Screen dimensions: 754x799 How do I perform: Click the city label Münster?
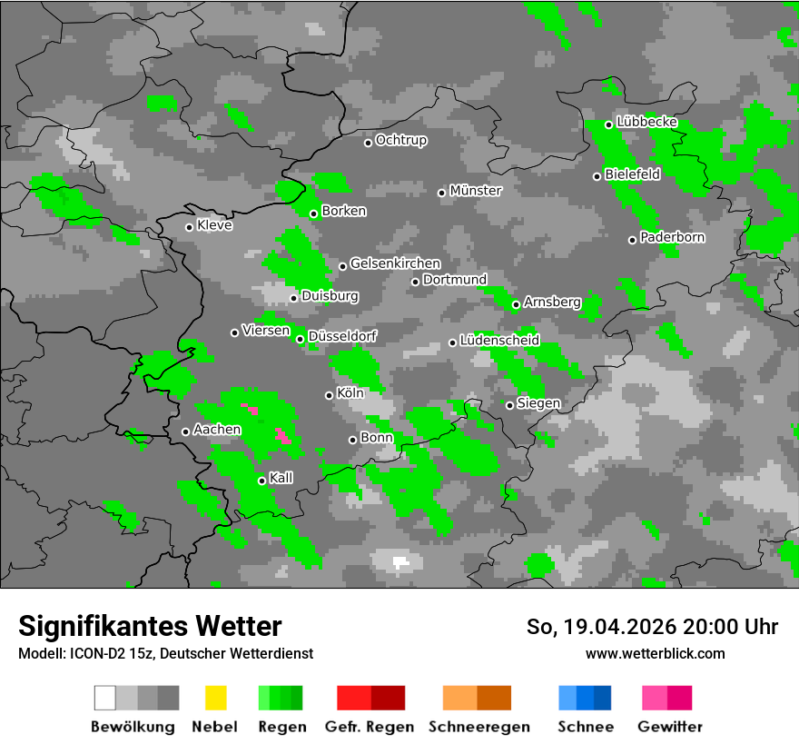pyautogui.click(x=476, y=191)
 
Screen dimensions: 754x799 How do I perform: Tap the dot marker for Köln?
pyautogui.click(x=329, y=395)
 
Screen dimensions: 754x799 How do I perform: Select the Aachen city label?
pyautogui.click(x=217, y=430)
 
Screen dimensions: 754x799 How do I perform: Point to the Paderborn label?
pyautogui.click(x=673, y=238)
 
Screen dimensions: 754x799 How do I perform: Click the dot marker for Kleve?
pyautogui.click(x=189, y=227)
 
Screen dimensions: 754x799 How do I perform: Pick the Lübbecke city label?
pyautogui.click(x=647, y=122)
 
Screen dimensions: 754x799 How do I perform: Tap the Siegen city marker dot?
pyautogui.click(x=509, y=405)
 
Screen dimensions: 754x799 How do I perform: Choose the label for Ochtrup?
pyautogui.click(x=401, y=141)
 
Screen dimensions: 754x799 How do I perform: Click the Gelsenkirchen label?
pyautogui.click(x=395, y=264)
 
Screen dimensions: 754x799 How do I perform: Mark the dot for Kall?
pyautogui.click(x=261, y=481)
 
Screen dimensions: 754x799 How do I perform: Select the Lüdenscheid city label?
pyautogui.click(x=500, y=341)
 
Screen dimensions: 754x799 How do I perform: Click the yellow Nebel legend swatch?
pyautogui.click(x=216, y=698)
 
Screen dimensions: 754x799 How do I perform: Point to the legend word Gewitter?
pyautogui.click(x=670, y=727)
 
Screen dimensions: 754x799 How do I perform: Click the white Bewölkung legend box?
pyautogui.click(x=105, y=698)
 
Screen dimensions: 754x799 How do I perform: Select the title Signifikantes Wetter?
pyautogui.click(x=150, y=626)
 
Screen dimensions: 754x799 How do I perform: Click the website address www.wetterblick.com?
pyautogui.click(x=656, y=654)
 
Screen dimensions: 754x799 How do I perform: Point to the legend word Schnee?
pyautogui.click(x=586, y=727)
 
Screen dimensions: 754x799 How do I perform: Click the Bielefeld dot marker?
pyautogui.click(x=597, y=176)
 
